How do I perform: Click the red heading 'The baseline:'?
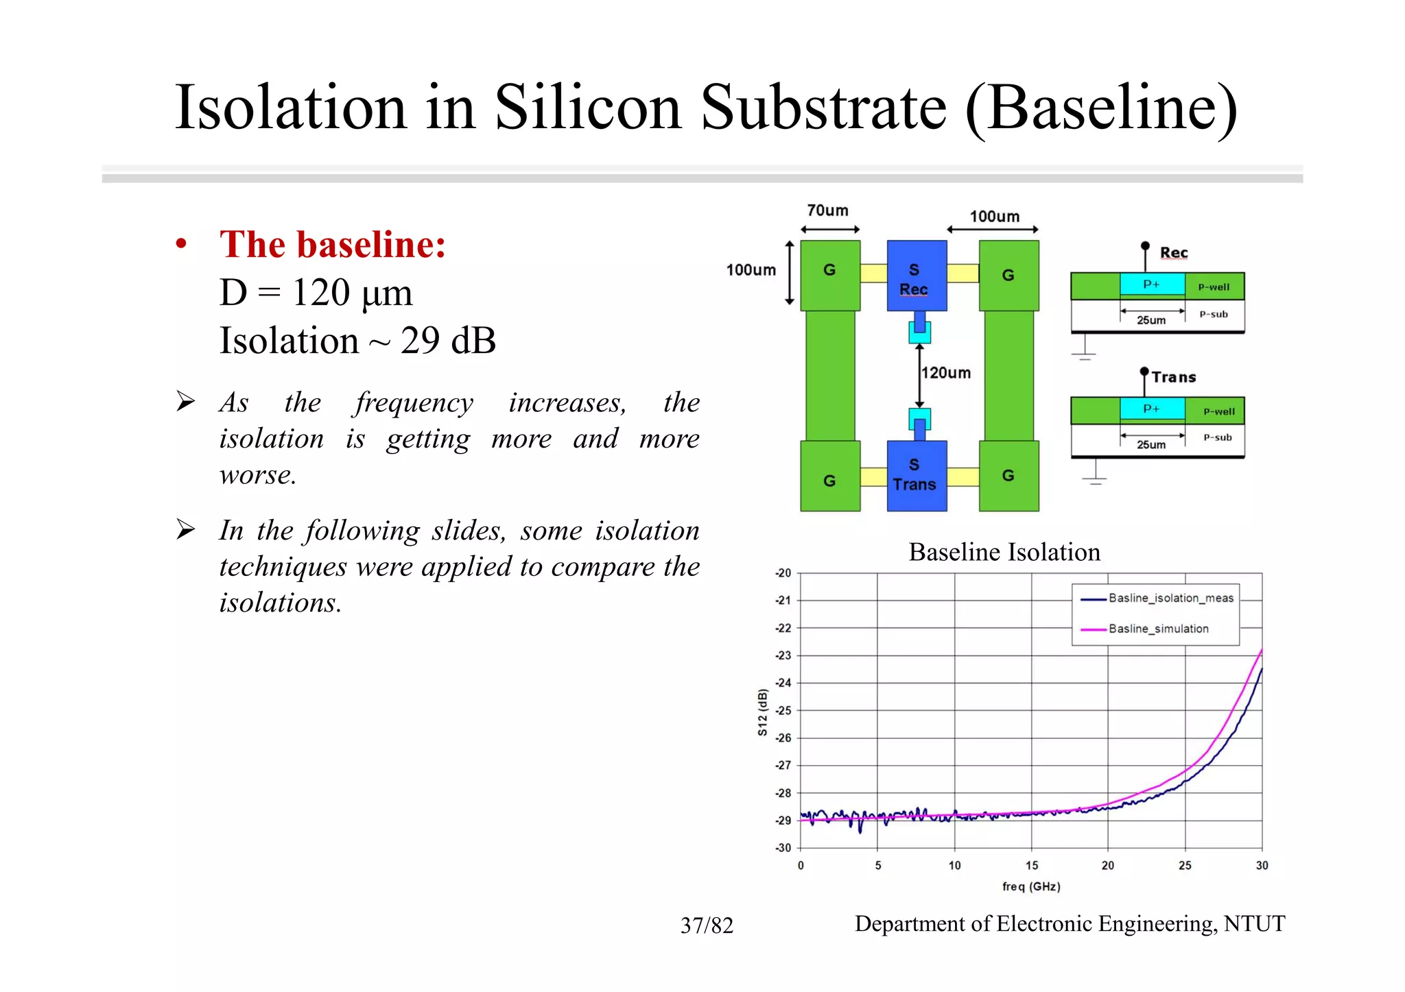[x=333, y=245]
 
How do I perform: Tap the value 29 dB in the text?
[x=448, y=341]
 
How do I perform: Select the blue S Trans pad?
[x=917, y=475]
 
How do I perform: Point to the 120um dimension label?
[x=946, y=373]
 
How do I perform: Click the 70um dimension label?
[x=827, y=210]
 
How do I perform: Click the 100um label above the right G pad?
[x=994, y=217]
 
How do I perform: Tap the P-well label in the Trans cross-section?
[x=1218, y=411]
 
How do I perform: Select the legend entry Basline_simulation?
[x=1158, y=629]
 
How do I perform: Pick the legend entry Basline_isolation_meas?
[x=1170, y=598]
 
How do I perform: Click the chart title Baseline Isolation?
[x=1004, y=552]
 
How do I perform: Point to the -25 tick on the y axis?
[x=783, y=710]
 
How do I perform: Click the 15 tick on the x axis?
[x=1032, y=865]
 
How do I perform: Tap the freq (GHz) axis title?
[x=1031, y=886]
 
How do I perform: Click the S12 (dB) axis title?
[x=762, y=712]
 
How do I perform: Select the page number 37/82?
[x=707, y=926]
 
